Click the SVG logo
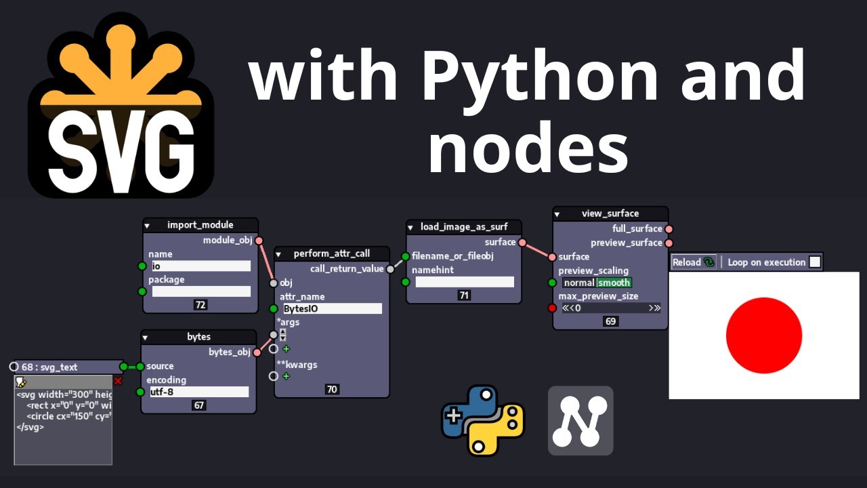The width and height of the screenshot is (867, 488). [121, 108]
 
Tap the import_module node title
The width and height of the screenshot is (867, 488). [200, 225]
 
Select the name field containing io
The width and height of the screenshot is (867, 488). [200, 266]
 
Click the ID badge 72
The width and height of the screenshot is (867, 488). [200, 305]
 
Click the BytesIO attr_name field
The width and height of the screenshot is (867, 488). [331, 309]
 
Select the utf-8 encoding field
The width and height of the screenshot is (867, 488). [198, 392]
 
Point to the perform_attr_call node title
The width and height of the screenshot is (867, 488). [331, 253]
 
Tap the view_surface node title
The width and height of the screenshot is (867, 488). [610, 213]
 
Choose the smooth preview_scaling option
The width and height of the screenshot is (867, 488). [614, 283]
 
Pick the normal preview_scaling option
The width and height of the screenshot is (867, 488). [578, 283]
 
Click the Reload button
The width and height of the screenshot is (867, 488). [693, 262]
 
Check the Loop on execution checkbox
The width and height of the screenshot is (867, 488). [815, 262]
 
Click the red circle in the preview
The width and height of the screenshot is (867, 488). [763, 335]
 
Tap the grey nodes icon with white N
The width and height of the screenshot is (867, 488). [580, 420]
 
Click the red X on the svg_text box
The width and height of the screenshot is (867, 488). [118, 382]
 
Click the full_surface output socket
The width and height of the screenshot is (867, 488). [669, 229]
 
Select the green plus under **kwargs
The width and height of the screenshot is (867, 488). [286, 376]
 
